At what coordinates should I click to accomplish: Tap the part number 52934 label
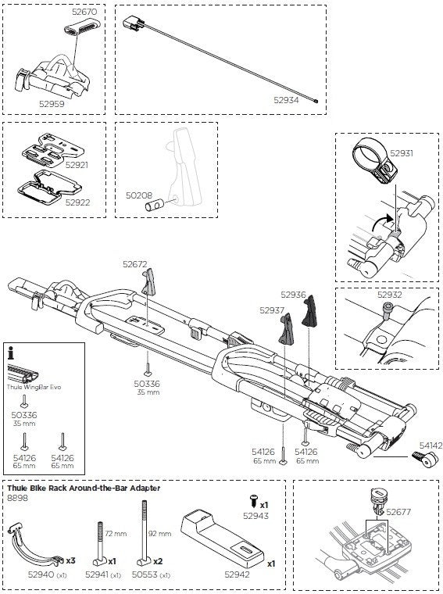click(x=286, y=100)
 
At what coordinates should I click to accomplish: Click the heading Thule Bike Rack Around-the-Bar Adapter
click(x=80, y=488)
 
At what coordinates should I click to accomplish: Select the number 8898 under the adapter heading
click(x=16, y=497)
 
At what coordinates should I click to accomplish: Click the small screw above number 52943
click(x=253, y=498)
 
